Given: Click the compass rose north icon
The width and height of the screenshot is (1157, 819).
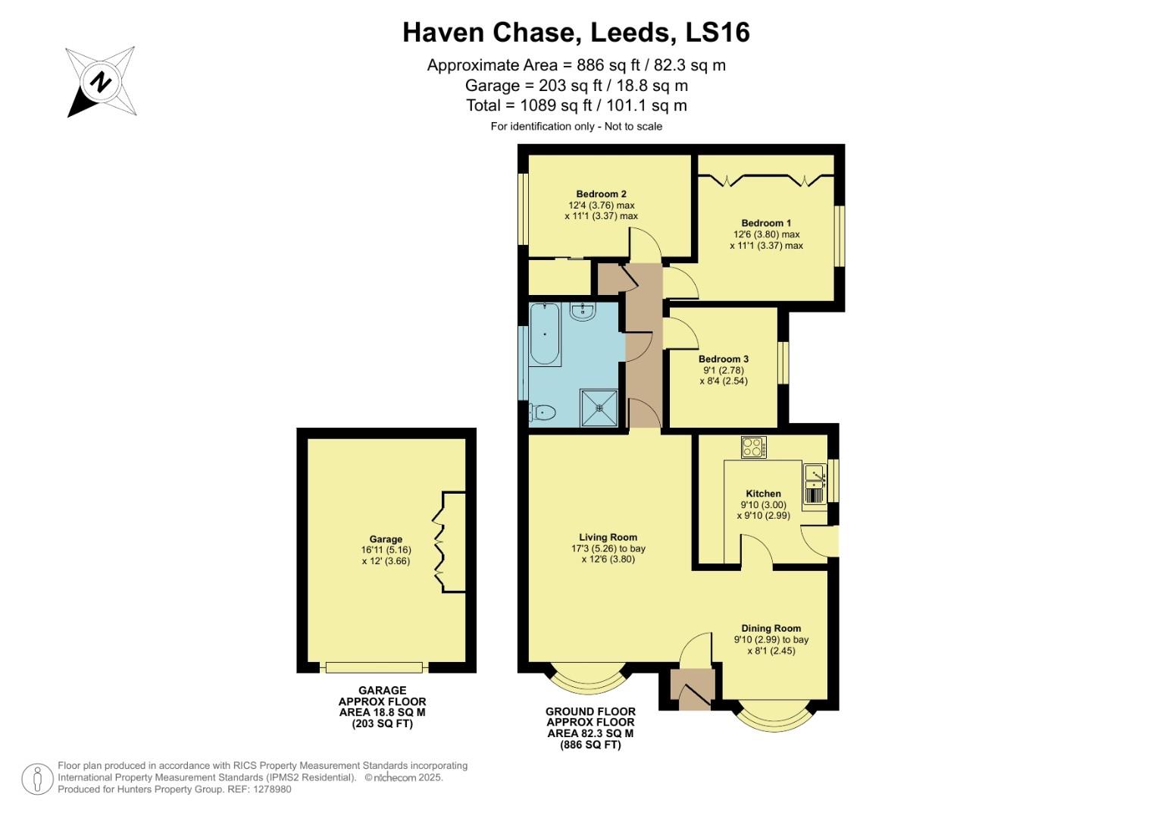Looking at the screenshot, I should click(101, 82).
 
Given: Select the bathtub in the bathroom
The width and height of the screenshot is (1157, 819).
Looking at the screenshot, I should click(544, 334).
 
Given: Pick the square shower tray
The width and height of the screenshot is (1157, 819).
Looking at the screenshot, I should click(599, 408).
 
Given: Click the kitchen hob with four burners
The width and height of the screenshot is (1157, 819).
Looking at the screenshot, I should click(754, 447).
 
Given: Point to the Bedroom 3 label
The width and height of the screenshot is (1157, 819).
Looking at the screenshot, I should click(724, 359).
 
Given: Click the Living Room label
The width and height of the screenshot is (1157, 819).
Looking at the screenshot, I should click(608, 537).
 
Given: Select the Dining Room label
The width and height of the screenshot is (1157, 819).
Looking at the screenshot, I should click(771, 628).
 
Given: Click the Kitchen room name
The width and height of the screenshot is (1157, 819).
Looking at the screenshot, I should click(763, 493).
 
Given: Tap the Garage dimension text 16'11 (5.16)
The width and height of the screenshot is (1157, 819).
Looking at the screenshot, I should click(386, 550).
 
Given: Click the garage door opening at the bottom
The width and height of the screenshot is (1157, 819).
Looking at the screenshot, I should click(373, 667).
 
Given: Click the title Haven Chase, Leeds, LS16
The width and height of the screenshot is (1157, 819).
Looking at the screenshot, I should click(576, 32).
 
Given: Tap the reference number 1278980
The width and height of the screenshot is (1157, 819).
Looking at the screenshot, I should click(270, 789).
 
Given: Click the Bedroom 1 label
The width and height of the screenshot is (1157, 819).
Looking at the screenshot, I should click(766, 223).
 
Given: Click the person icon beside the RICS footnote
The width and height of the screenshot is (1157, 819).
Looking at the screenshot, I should click(36, 778).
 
